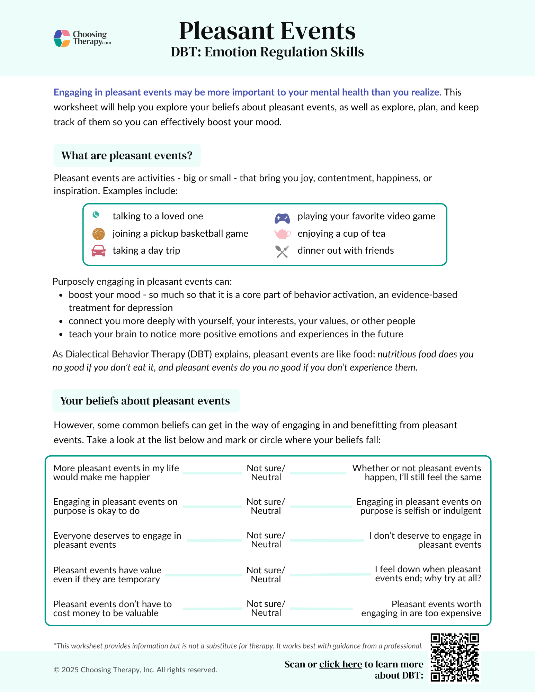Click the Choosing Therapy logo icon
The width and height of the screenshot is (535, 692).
pos(62,38)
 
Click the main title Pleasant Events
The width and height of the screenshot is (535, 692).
pos(267,31)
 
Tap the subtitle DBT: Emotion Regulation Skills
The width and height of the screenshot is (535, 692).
pos(267,52)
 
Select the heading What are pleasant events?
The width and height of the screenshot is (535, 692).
pos(127,155)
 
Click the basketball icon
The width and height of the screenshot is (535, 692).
pos(98,234)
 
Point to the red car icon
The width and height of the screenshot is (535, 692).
pos(98,251)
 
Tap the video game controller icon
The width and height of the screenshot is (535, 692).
pos(282,218)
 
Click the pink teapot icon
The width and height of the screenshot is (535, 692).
pos(282,234)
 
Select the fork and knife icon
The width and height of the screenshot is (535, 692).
pos(282,251)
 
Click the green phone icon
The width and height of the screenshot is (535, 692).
pos(96,215)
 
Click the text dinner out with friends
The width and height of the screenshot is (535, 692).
pos(345,251)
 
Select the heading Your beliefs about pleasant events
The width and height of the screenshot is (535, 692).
pos(145,401)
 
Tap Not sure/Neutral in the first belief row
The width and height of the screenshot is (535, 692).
pos(266,473)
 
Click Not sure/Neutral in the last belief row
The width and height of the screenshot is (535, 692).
pos(266,608)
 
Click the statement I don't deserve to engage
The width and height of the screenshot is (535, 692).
pos(425,540)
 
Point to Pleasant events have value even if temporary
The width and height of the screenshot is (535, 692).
pos(107,575)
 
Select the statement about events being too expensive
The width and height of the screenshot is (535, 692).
pos(421,609)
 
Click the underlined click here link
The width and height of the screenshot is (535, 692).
pos(340,664)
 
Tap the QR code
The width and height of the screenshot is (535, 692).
pos(454,657)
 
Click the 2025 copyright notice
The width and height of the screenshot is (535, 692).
pos(135,670)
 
